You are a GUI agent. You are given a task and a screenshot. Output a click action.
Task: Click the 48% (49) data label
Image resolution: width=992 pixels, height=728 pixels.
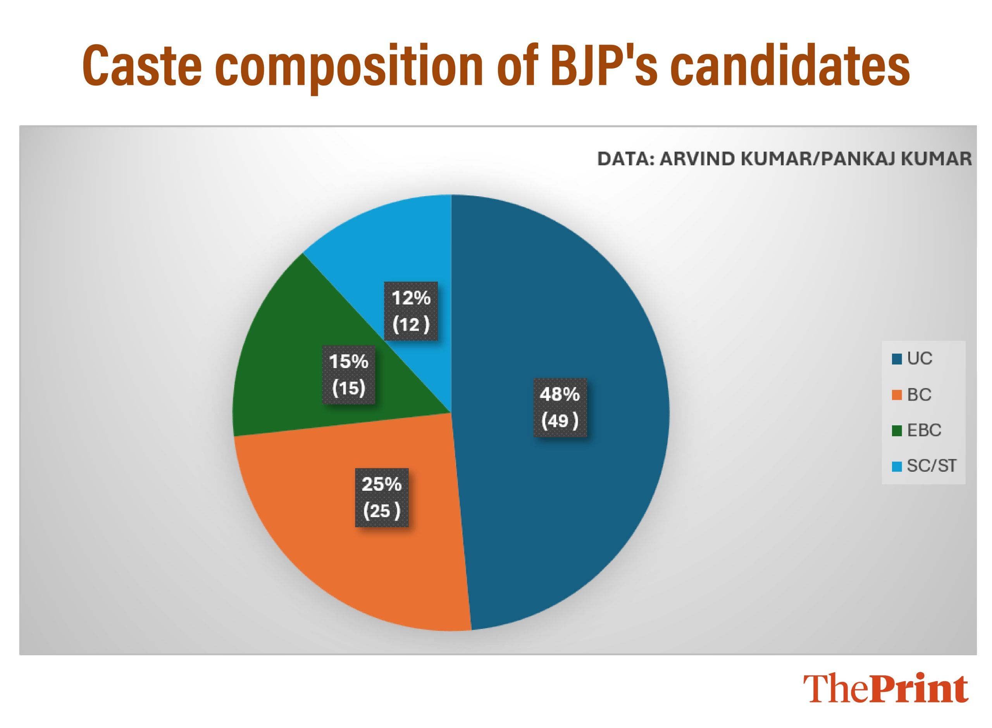(560, 407)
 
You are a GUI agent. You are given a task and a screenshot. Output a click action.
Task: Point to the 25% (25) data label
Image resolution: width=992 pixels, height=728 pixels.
(382, 498)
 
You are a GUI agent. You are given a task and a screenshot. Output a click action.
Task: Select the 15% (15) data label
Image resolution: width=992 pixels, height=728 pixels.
(348, 375)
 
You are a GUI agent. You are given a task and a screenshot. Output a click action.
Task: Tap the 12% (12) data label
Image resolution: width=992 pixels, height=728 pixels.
(411, 311)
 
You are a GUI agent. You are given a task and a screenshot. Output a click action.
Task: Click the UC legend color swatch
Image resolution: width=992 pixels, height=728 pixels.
(897, 359)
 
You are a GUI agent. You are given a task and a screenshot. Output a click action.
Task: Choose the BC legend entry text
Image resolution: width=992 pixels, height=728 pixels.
(919, 395)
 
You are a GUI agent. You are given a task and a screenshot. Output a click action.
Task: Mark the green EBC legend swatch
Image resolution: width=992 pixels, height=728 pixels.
(897, 430)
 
